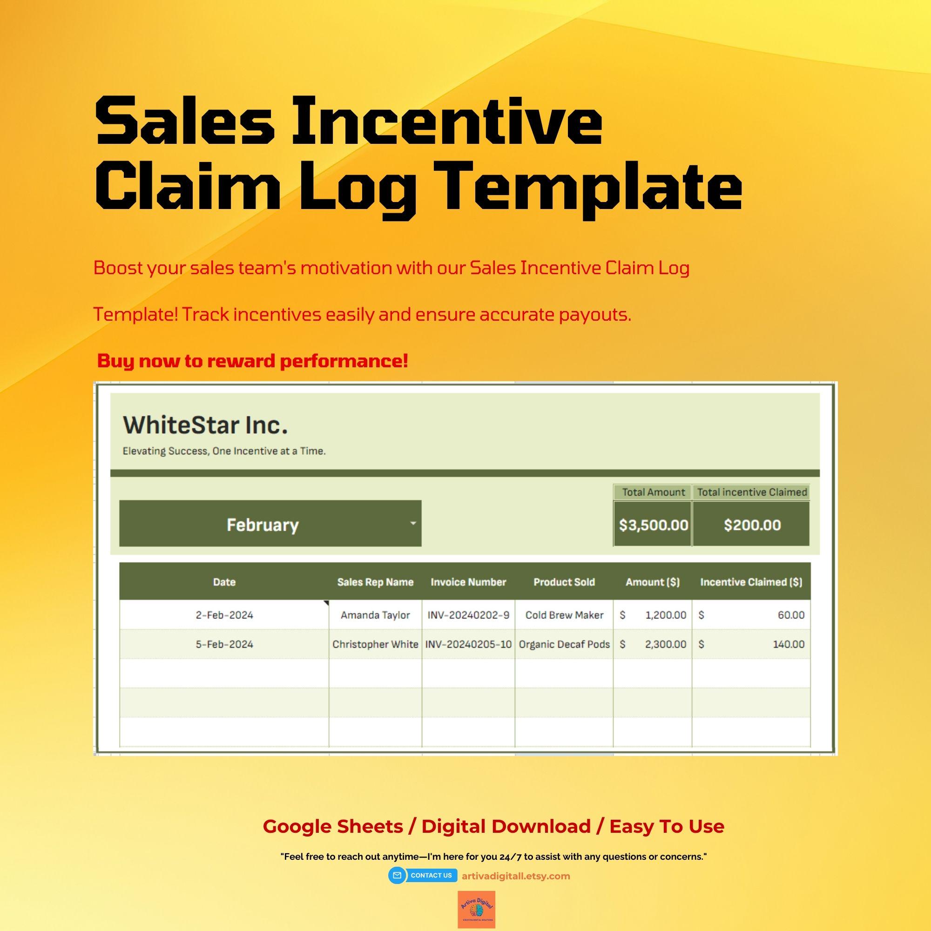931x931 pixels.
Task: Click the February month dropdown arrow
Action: coord(412,523)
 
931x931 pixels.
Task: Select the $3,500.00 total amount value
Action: coord(653,525)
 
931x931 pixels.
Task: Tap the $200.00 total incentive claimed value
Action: coord(752,525)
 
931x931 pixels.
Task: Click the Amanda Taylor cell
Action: coord(375,615)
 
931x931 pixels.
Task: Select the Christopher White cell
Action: coord(375,644)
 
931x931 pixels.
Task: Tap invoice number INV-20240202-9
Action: coord(468,615)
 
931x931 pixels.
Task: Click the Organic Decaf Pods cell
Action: coord(564,644)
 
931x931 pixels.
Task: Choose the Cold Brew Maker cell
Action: coord(564,615)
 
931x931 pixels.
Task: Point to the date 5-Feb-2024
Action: coord(224,644)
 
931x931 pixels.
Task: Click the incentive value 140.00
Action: coord(789,644)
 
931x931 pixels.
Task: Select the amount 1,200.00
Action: coord(666,615)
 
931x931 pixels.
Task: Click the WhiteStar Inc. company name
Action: coord(205,425)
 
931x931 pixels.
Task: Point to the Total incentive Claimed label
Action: coord(752,492)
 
